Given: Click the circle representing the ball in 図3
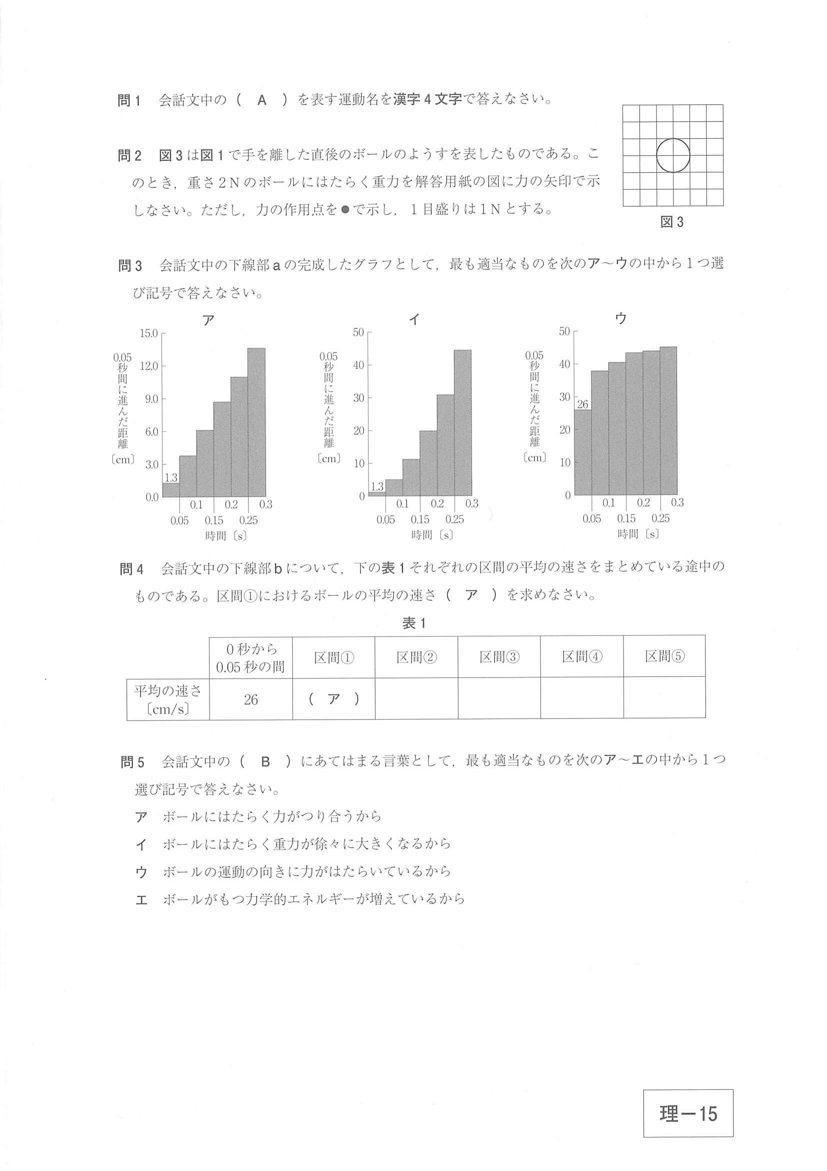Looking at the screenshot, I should point(672,155).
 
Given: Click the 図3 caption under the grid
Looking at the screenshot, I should point(671,222).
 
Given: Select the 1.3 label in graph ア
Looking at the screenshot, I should point(170,478).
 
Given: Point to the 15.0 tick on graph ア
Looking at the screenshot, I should point(149,334).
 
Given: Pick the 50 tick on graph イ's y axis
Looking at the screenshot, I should point(358,332).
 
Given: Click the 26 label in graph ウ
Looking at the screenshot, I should point(582,404).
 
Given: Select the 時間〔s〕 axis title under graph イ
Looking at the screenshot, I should point(432,535).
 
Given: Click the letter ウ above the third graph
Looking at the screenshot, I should point(620,319).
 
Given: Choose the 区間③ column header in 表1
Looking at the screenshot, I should point(499,657).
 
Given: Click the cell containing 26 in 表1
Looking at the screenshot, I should point(250,699).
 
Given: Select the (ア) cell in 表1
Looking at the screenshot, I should point(334,699).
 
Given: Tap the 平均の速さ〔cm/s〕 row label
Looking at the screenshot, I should point(167,699).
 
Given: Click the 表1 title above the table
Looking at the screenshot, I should point(414,623).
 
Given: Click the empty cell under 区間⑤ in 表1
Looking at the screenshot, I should point(664,699).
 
